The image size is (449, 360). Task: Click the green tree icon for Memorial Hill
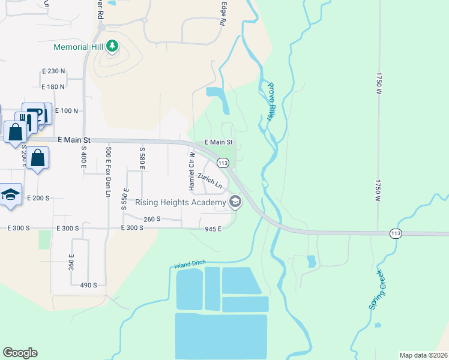click(x=112, y=46)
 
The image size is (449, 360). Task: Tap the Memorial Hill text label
click(x=79, y=46)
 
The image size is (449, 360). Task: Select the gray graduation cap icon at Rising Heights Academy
click(x=235, y=202)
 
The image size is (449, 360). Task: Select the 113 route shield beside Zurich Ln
click(x=223, y=163)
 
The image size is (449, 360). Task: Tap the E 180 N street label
click(x=53, y=87)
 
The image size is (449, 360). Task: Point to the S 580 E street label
click(x=142, y=158)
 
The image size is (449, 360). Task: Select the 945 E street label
click(x=213, y=229)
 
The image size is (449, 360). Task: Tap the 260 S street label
click(x=152, y=219)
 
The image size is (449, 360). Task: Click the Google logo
click(x=20, y=353)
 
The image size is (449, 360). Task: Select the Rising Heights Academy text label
click(x=181, y=202)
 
